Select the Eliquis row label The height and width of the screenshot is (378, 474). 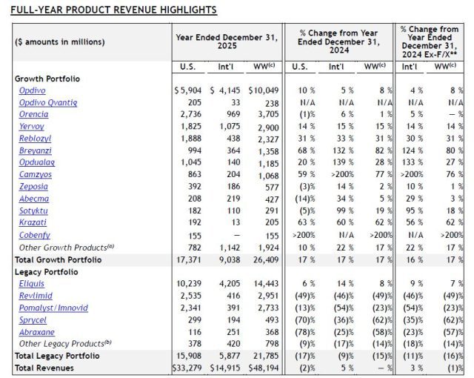click(31, 283)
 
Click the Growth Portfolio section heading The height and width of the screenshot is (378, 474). click(47, 79)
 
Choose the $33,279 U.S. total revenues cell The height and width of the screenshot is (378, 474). click(187, 368)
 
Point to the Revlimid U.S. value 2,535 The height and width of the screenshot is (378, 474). click(190, 295)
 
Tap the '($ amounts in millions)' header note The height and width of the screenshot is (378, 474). click(60, 42)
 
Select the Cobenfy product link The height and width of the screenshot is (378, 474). click(34, 234)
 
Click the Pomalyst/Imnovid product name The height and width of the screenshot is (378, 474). click(53, 308)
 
